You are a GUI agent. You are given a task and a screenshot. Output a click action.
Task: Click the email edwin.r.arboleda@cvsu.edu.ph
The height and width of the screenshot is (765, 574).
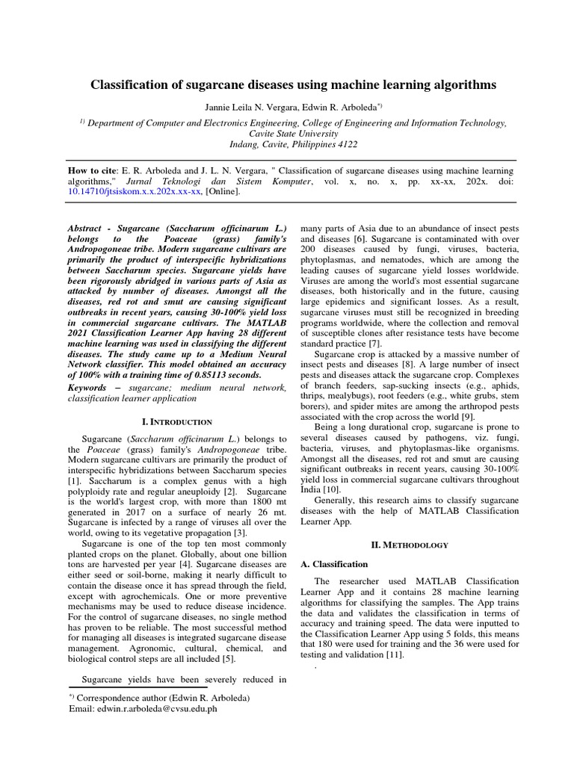tap(142, 709)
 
